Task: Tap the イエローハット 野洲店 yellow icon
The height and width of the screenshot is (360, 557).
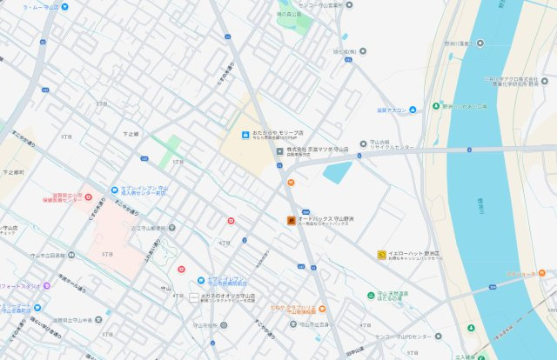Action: click(381, 255)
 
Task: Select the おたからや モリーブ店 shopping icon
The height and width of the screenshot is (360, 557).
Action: click(245, 135)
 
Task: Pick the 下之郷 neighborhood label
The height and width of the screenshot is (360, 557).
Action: click(131, 134)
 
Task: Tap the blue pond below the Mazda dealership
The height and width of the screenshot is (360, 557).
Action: click(337, 171)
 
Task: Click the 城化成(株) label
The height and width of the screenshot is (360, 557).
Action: click(344, 51)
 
